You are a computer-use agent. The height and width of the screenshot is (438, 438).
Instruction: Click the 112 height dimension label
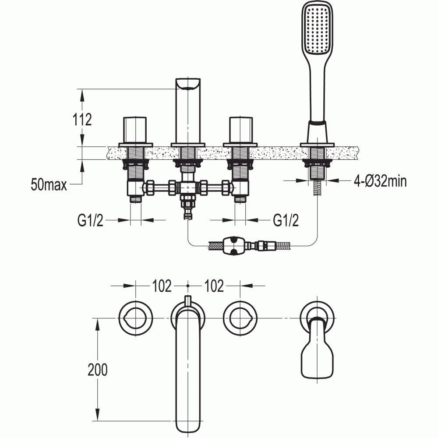83,119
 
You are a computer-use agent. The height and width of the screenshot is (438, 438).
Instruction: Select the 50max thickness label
49,184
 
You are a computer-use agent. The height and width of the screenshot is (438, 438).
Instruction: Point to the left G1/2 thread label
90,221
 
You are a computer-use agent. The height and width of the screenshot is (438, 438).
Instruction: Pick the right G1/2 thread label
286,221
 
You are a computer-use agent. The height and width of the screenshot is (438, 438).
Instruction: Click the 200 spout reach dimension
97,370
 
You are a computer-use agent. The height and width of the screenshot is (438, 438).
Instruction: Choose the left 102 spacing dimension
162,286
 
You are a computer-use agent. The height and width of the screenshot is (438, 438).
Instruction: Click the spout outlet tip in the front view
188,84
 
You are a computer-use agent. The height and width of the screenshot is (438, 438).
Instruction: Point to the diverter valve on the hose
235,245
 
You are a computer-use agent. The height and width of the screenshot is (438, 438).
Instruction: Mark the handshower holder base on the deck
317,145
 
